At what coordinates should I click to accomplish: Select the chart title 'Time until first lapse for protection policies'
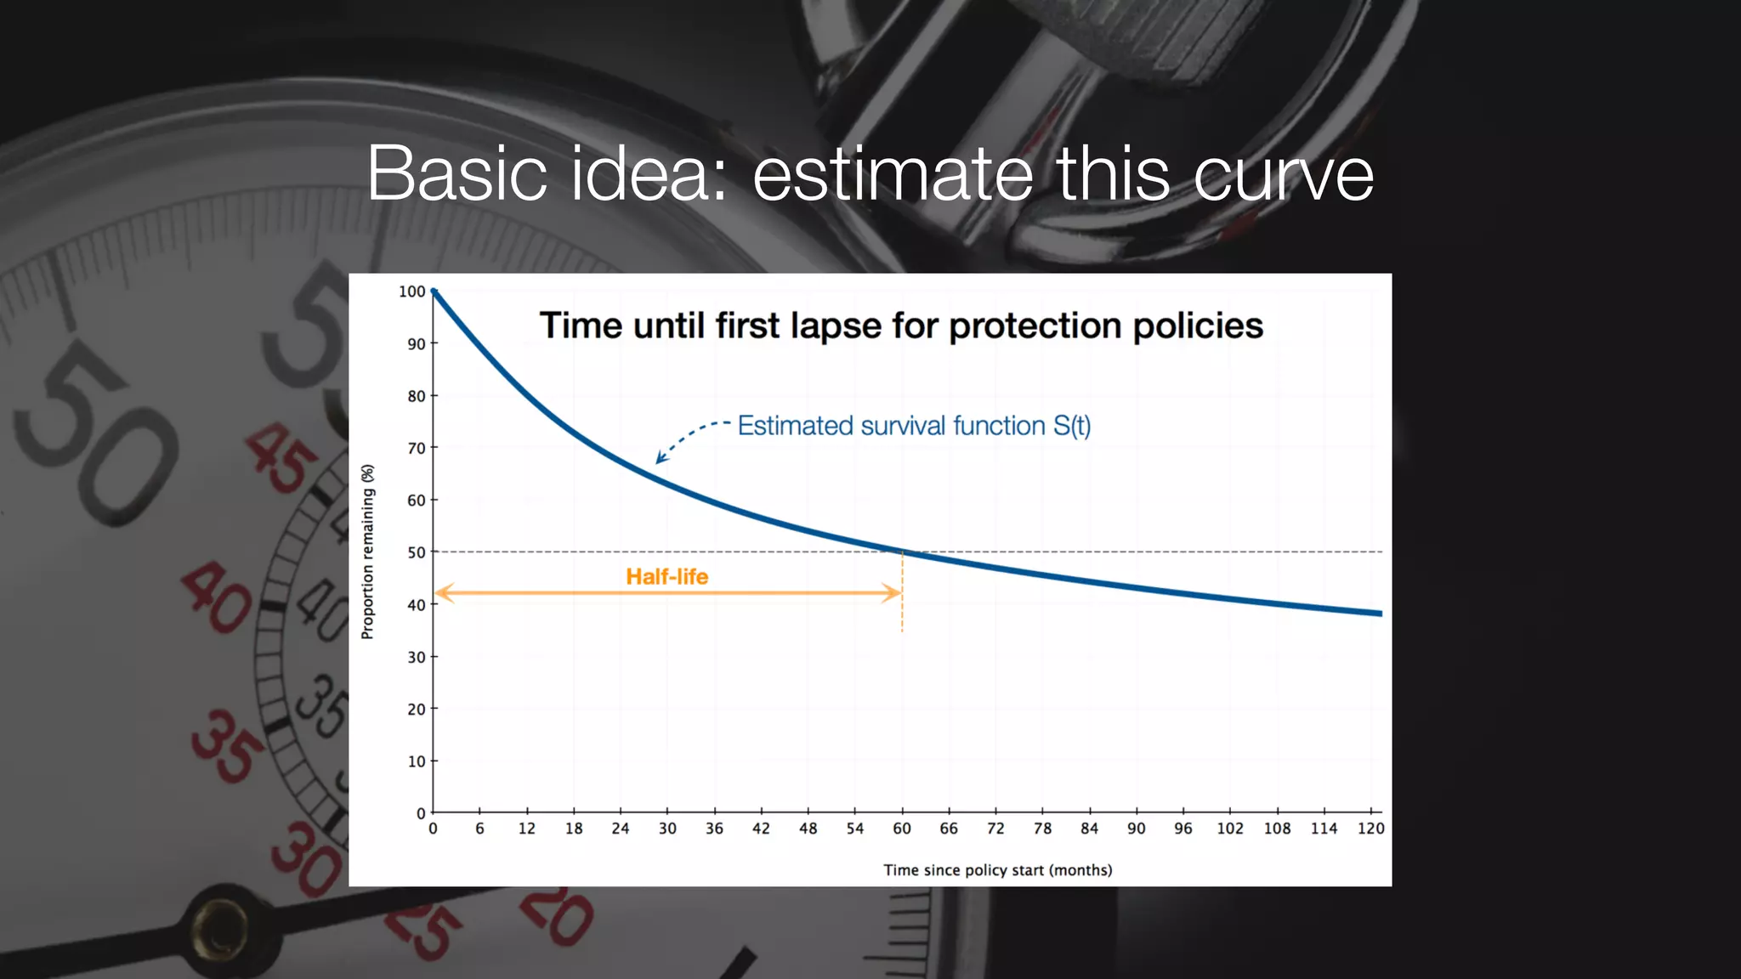[x=901, y=325]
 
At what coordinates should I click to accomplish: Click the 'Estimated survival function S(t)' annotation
[x=913, y=425]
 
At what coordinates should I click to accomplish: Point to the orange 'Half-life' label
[x=666, y=576]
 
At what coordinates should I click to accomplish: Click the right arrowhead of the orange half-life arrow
[x=894, y=592]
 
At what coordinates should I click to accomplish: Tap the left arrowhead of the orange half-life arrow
[x=442, y=592]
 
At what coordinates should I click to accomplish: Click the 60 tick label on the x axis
[x=901, y=829]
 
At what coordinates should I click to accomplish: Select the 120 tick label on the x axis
[x=1370, y=829]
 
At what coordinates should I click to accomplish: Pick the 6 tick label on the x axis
[x=479, y=829]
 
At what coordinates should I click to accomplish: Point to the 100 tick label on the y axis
[x=411, y=291]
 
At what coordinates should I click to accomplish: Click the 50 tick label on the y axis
[x=416, y=552]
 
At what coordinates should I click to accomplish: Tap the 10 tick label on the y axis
[x=416, y=761]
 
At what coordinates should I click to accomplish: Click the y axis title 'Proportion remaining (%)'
[x=367, y=552]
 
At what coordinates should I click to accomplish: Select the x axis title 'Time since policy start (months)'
[x=997, y=870]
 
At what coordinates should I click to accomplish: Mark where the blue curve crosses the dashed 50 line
[x=903, y=552]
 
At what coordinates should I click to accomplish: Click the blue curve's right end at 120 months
[x=1379, y=613]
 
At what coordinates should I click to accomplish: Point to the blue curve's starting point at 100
[x=434, y=291]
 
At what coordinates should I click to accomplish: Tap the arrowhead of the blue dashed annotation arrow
[x=659, y=460]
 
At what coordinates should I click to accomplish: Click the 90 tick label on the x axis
[x=1136, y=829]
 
